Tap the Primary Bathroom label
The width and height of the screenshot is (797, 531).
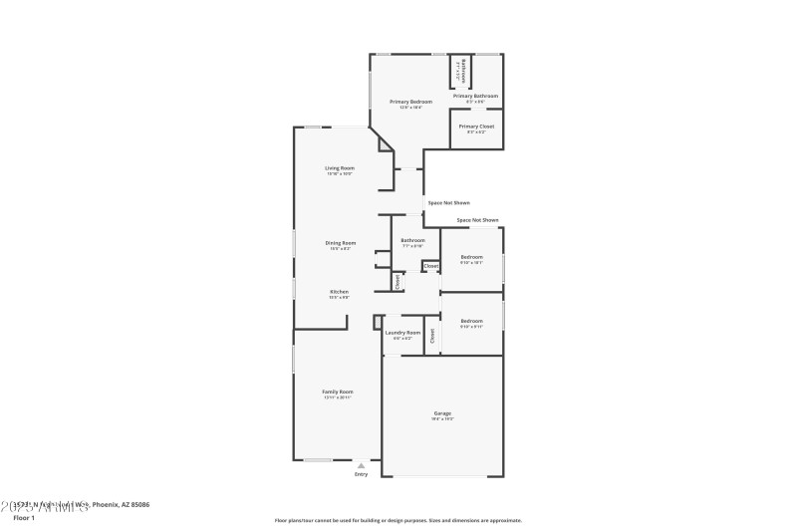pyautogui.click(x=475, y=96)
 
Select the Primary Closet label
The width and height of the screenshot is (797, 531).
pyautogui.click(x=475, y=127)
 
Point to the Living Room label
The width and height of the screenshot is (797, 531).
pyautogui.click(x=340, y=167)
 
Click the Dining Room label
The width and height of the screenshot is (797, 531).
pyautogui.click(x=340, y=243)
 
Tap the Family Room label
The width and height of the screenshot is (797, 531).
pyautogui.click(x=338, y=392)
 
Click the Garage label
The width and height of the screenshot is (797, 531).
pyautogui.click(x=442, y=412)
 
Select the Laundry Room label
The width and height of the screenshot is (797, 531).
pyautogui.click(x=403, y=332)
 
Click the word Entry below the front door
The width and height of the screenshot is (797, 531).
pyautogui.click(x=361, y=474)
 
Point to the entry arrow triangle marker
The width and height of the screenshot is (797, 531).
pyautogui.click(x=361, y=464)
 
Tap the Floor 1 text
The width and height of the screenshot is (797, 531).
pyautogui.click(x=23, y=518)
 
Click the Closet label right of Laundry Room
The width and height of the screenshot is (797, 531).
pyautogui.click(x=432, y=336)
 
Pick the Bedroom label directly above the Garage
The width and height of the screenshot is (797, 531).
pyautogui.click(x=471, y=321)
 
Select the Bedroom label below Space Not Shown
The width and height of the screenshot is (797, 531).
pyautogui.click(x=471, y=257)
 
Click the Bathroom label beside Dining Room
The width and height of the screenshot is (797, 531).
pyautogui.click(x=412, y=240)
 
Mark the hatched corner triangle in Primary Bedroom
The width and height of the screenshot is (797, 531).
pyautogui.click(x=385, y=145)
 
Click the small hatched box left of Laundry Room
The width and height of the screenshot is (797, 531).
pyautogui.click(x=378, y=321)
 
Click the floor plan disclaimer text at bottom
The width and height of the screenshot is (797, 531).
pyautogui.click(x=398, y=519)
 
